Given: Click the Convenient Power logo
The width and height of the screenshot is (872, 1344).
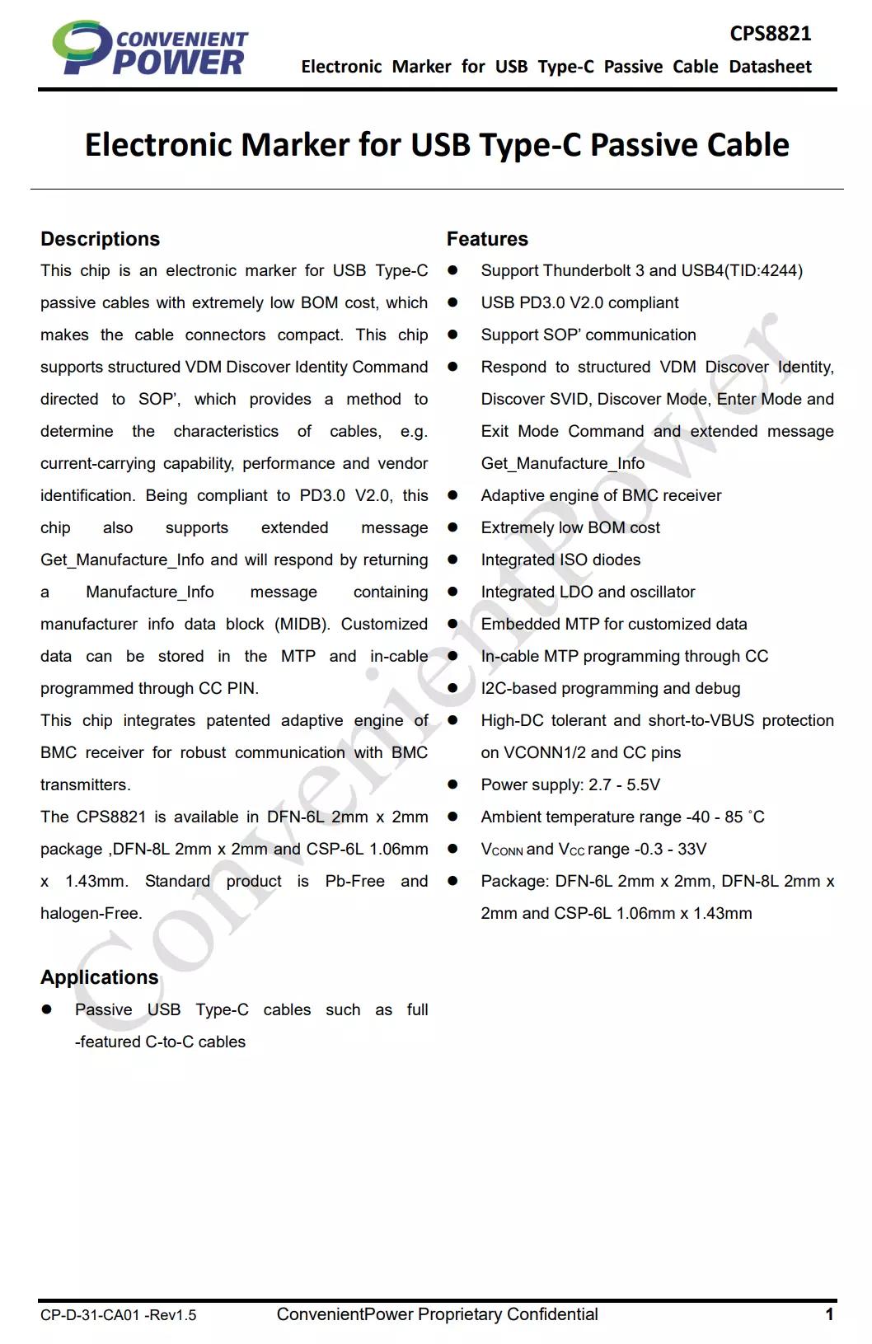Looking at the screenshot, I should click(x=149, y=49).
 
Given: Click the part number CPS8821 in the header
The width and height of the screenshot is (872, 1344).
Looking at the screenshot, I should click(x=770, y=34).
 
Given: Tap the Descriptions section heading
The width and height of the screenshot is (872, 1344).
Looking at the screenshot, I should click(x=100, y=239).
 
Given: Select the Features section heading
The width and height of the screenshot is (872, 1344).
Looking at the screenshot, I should click(x=487, y=239).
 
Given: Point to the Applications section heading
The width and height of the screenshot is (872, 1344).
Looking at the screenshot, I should click(x=99, y=977).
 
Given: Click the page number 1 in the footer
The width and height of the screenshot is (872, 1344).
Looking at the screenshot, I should click(x=829, y=1314).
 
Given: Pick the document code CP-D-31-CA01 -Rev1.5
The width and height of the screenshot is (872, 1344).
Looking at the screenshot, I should click(x=118, y=1315).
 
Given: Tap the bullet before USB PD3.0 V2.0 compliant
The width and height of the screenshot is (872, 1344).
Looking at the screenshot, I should click(x=452, y=302).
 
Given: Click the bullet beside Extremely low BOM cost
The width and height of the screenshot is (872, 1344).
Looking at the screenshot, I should click(x=452, y=527).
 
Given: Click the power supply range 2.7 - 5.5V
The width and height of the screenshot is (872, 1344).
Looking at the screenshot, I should click(x=624, y=784).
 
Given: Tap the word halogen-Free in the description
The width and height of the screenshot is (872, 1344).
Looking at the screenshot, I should click(x=91, y=913).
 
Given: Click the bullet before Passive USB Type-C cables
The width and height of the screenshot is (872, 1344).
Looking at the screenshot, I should click(x=47, y=1009).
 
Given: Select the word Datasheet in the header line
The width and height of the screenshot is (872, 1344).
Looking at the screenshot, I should click(x=770, y=67).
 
